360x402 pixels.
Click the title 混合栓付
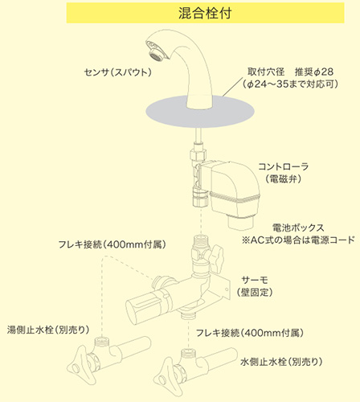(x=205, y=13)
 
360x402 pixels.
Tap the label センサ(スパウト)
(x=118, y=72)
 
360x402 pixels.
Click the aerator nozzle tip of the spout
(x=156, y=55)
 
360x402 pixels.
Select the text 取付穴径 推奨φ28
(x=290, y=72)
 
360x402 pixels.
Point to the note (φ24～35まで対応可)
(x=290, y=84)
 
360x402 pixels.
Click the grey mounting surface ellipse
(x=200, y=112)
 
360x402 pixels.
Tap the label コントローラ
(x=283, y=166)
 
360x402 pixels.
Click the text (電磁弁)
(x=283, y=178)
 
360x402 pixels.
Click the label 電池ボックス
(x=298, y=228)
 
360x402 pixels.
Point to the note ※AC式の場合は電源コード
(x=298, y=240)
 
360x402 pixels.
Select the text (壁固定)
(x=255, y=292)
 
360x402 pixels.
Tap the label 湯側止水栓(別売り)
(x=48, y=330)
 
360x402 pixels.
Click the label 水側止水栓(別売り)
(x=281, y=362)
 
